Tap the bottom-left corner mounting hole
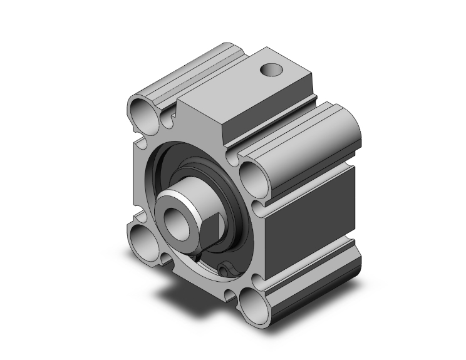point(143,238)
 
